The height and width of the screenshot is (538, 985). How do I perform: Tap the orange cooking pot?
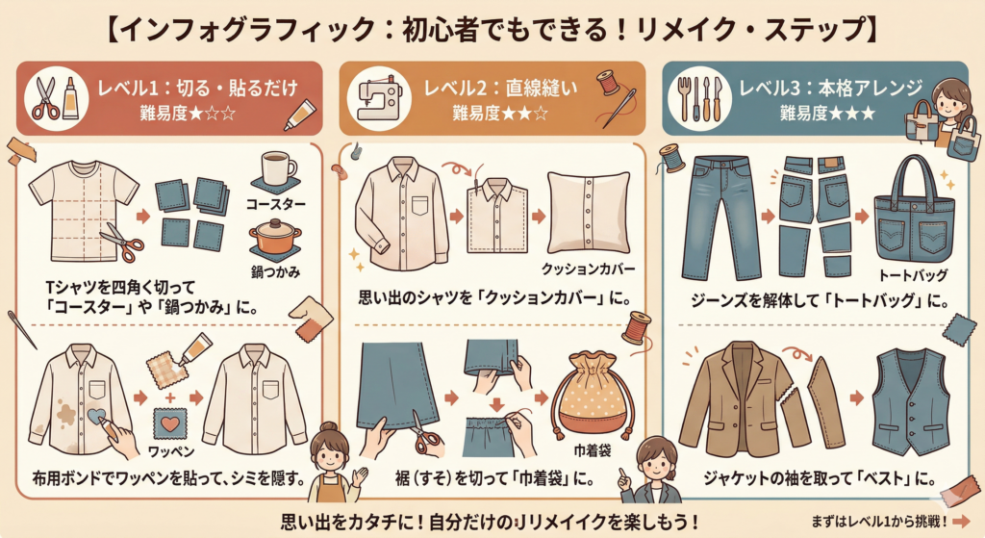coord(274,236)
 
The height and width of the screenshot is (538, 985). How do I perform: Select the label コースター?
coord(275,204)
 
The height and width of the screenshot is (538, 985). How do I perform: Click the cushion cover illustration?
coord(589,213)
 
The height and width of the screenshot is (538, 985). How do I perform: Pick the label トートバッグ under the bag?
coord(913,275)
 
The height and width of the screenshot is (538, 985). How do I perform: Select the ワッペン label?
coord(171,451)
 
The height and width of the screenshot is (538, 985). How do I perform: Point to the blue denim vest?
coord(910,401)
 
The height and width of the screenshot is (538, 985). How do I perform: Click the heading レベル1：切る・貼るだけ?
coord(197,88)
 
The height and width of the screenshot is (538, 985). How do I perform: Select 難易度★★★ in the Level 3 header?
coord(827,114)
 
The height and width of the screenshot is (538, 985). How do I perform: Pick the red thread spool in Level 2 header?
coord(608,83)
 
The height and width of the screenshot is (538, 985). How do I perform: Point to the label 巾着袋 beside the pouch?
coord(593,450)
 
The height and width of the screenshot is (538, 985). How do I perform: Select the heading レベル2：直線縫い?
coord(500,88)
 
